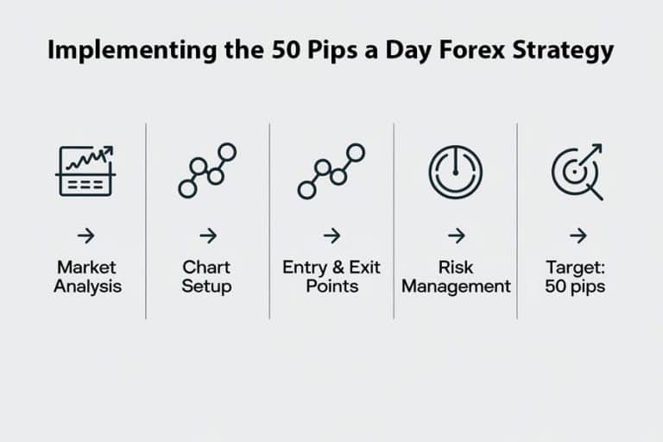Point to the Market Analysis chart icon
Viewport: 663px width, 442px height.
(x=85, y=170)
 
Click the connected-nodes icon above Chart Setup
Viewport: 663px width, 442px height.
(x=207, y=170)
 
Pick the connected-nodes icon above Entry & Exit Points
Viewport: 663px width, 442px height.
(x=331, y=170)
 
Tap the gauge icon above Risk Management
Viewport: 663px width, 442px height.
(x=455, y=170)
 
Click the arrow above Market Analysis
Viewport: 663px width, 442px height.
(x=85, y=236)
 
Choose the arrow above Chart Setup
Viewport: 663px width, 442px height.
(x=207, y=236)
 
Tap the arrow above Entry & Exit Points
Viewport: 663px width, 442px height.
(x=331, y=236)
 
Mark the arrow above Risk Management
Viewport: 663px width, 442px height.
(x=456, y=236)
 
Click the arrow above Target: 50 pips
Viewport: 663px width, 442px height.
(x=578, y=236)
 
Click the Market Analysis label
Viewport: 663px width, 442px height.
(x=85, y=276)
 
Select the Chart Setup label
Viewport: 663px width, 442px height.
(x=207, y=276)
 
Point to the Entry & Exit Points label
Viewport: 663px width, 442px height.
(x=331, y=276)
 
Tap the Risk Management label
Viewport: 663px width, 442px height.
(x=456, y=276)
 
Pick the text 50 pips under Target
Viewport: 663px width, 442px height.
(x=576, y=287)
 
